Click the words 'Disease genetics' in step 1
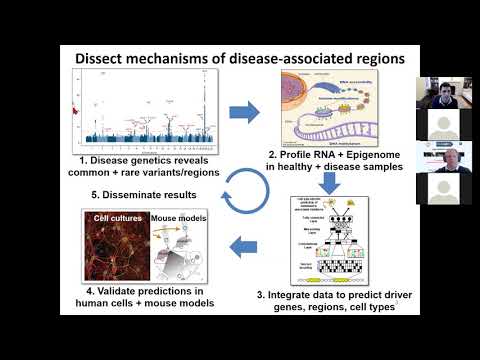137,159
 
